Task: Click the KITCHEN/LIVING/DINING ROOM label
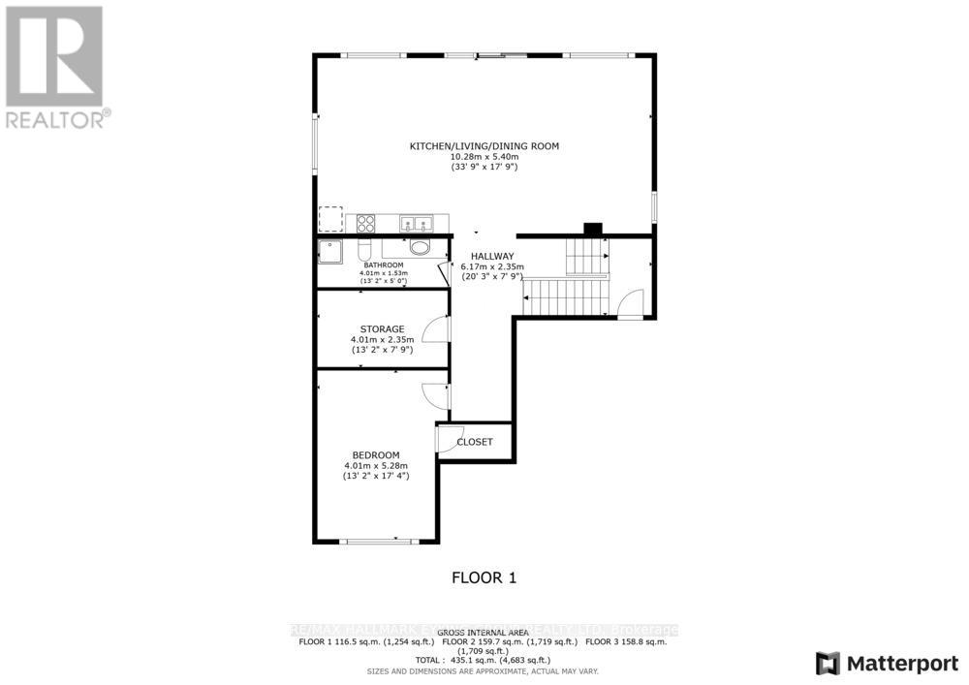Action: tap(484, 146)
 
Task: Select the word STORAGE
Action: tap(383, 329)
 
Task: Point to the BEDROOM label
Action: tap(375, 455)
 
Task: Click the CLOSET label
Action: tap(475, 442)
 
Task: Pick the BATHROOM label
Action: tap(383, 265)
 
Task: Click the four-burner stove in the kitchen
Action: tap(366, 223)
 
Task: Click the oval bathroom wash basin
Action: tap(421, 248)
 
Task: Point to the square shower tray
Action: tap(331, 251)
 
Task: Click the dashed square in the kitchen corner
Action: tap(331, 219)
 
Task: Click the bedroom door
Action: tap(434, 394)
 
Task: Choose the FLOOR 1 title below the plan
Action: tap(484, 578)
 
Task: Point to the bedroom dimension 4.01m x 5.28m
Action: tap(375, 466)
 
